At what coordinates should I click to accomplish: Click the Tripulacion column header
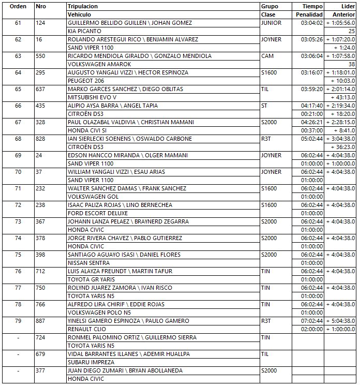coord(83,6)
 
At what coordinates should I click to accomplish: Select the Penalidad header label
coord(309,14)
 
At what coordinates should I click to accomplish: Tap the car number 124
coord(40,23)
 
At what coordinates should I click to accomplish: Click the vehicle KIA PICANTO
coord(85,31)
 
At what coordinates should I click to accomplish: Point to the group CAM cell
coord(267,56)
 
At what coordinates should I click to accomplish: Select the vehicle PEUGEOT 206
coord(86,81)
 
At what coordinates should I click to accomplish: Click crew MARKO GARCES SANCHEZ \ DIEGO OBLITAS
coord(125,89)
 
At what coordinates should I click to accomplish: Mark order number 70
coord(18,172)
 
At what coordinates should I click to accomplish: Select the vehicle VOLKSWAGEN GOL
coord(93,197)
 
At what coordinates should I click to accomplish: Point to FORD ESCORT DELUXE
coord(98,213)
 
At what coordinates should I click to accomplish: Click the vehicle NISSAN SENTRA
coord(88,263)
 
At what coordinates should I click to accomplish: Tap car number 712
coord(40,271)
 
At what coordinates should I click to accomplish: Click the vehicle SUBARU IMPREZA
coord(92,362)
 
